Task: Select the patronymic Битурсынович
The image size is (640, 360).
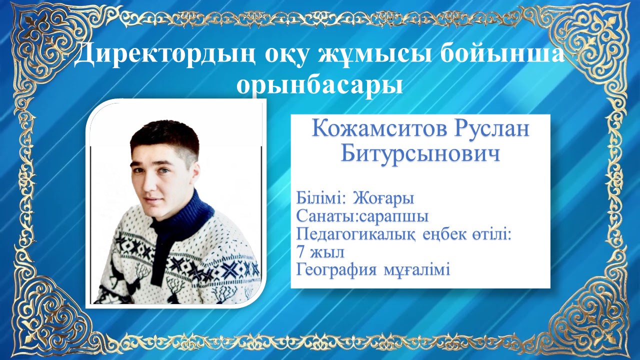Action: tap(420, 154)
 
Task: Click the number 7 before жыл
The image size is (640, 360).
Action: tap(300, 252)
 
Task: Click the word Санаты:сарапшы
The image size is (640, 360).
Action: tap(362, 217)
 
